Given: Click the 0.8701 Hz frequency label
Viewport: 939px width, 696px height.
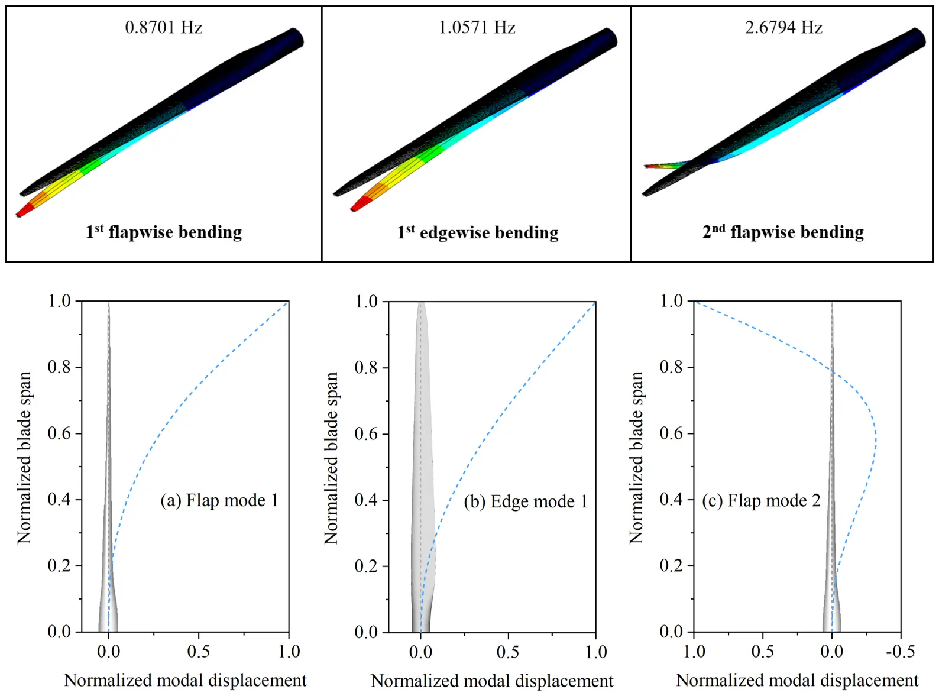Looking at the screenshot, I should (x=163, y=27).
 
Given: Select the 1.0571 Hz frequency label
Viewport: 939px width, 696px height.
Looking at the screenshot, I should (x=477, y=27).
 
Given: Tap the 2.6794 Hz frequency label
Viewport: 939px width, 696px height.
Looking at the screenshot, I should (x=783, y=27).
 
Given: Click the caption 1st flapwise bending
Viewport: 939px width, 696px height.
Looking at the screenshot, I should (x=164, y=232).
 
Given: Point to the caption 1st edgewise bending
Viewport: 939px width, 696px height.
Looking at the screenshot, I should (x=477, y=232).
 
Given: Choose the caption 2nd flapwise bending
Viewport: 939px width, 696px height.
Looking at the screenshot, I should (x=783, y=232).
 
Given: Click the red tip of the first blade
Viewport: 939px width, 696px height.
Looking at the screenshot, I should (x=22, y=211).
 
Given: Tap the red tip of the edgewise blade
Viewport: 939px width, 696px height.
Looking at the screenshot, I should (x=358, y=206).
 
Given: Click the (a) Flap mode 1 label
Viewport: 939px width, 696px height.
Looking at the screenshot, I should (x=219, y=500).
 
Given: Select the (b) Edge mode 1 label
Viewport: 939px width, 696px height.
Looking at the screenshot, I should (x=526, y=501).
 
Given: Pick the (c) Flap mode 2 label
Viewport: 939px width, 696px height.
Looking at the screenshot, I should (x=761, y=500).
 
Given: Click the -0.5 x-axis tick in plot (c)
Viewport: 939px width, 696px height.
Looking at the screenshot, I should (x=900, y=652).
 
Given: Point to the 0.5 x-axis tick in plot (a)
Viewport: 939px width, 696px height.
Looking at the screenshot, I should (x=198, y=652).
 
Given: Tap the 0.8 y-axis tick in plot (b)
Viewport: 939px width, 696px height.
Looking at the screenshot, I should (x=366, y=367).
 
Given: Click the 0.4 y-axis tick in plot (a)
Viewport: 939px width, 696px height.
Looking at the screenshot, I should (x=59, y=499).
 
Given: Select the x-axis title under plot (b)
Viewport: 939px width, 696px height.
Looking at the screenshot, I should (x=492, y=681).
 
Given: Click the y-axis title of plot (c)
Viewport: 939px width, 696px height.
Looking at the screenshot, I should (x=636, y=457).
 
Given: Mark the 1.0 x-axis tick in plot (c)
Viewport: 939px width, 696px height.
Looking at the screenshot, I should (x=694, y=652).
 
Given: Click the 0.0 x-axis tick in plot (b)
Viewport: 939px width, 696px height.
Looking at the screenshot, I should (x=420, y=652).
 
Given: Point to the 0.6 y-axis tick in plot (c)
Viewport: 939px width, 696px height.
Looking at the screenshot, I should (x=671, y=433).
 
